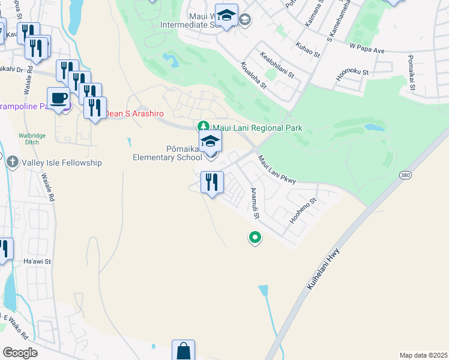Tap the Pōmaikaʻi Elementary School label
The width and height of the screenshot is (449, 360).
[167, 153]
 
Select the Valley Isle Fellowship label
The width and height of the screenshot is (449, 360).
[62, 163]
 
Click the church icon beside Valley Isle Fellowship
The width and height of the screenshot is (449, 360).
[12, 162]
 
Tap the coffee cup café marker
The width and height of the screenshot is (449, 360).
[59, 98]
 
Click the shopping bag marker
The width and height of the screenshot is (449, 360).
[183, 350]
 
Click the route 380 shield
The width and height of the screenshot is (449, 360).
[405, 174]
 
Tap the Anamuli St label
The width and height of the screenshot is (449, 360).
[255, 203]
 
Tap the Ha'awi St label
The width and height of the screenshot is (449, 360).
[37, 262]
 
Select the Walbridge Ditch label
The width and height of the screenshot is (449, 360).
[32, 140]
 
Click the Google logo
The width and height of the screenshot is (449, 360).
[19, 352]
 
